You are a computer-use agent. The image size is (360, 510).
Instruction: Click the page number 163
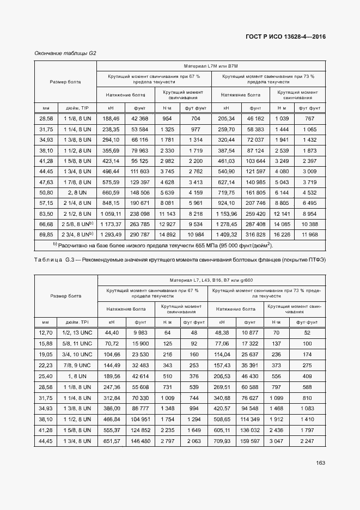[320, 463]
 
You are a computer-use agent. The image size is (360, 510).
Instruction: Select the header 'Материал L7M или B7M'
[211, 65]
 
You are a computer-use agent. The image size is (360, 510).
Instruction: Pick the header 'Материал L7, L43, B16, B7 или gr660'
[211, 280]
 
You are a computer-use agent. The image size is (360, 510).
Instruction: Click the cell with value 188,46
[111, 118]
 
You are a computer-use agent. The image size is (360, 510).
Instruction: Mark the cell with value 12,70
[46, 332]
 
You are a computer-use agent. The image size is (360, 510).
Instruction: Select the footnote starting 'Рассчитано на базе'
[163, 245]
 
